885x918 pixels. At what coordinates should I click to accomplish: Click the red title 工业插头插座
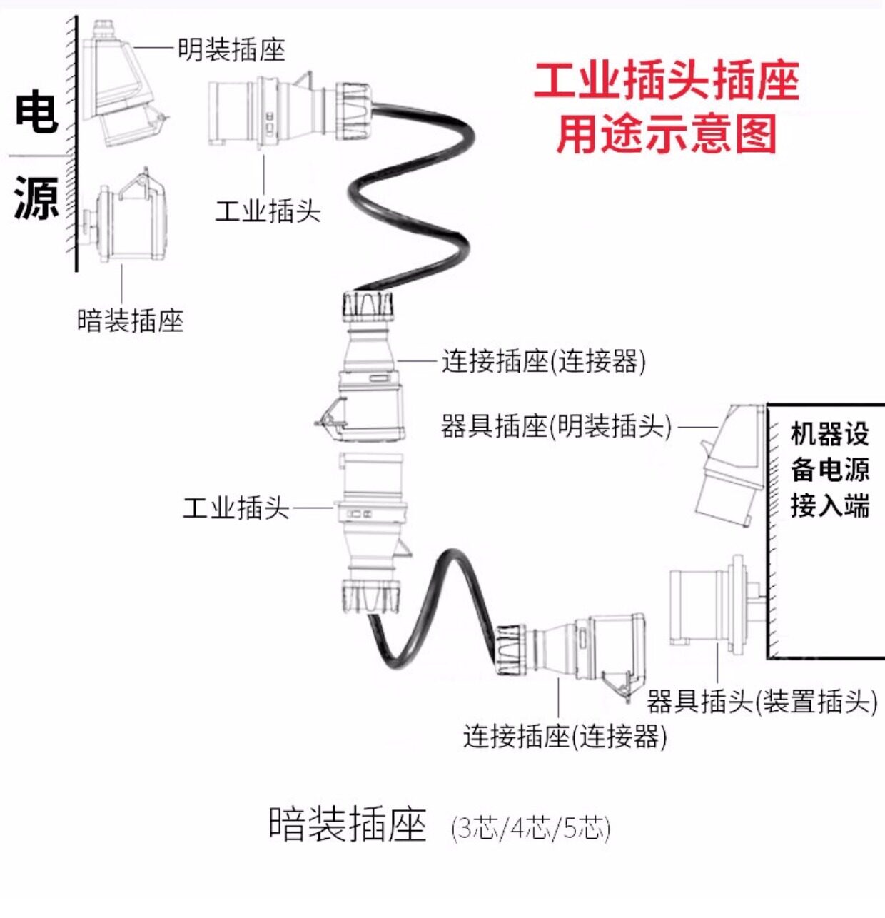tap(666, 81)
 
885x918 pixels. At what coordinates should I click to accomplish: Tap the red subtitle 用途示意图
tap(666, 134)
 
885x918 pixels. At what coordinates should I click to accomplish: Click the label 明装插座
tap(231, 49)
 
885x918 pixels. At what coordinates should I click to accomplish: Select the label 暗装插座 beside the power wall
tap(130, 320)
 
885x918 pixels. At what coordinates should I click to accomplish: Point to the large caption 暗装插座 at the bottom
tap(348, 824)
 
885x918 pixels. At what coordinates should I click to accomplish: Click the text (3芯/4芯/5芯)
tap(531, 828)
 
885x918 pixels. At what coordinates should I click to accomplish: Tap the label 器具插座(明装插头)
tap(556, 426)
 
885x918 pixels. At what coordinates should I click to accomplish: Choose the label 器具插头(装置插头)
tap(762, 701)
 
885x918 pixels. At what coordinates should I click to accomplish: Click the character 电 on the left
tap(36, 112)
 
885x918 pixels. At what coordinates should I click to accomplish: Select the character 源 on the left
tap(36, 198)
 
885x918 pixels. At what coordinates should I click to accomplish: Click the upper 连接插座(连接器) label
tap(543, 361)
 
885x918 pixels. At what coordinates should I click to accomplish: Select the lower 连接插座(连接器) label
tap(565, 735)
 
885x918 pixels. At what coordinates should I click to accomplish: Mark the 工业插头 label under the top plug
tap(268, 211)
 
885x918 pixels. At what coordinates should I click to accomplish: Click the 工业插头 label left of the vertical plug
tap(236, 508)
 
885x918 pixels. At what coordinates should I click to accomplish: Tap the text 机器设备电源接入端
tap(829, 470)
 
